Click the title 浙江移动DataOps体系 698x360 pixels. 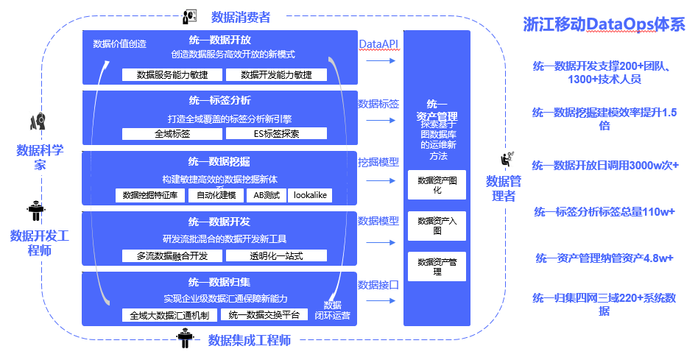coord(604,24)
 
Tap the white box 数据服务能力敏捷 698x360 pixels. coord(172,75)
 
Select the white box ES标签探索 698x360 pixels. coord(276,133)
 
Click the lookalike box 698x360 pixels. coord(310,195)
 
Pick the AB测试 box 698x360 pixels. coord(267,195)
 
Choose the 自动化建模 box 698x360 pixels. coord(216,195)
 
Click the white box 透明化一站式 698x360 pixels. coord(276,256)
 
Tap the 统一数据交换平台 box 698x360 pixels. coord(264,315)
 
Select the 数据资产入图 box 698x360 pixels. coord(437,226)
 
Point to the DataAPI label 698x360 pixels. coord(378,44)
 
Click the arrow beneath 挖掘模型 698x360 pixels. coord(381,180)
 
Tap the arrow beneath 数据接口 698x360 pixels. coord(381,301)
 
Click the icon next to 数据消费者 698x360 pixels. coord(190,16)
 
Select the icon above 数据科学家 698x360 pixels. coord(38,121)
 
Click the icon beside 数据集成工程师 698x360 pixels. coord(185,338)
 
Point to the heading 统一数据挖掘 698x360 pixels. coord(219,161)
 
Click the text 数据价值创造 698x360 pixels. coord(120,43)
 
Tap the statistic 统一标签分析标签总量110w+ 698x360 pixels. coord(604,212)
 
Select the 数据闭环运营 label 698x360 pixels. coord(333,310)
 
